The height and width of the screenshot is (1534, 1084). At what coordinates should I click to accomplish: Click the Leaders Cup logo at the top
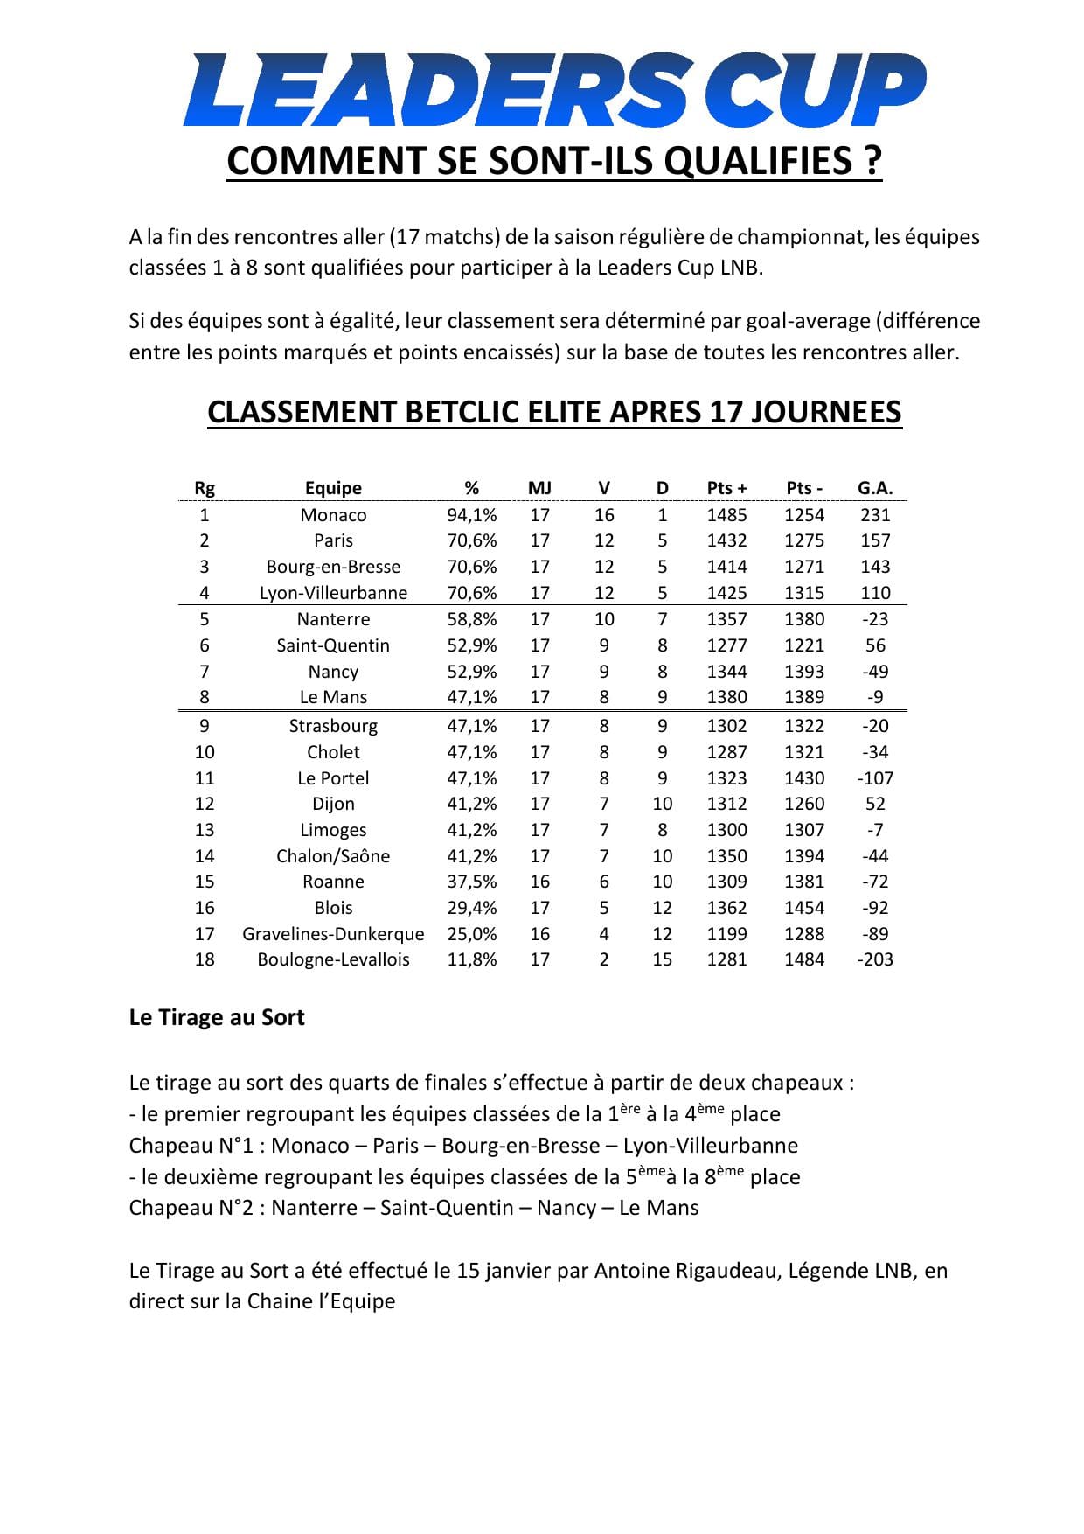553,90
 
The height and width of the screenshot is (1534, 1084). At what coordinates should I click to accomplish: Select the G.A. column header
874,488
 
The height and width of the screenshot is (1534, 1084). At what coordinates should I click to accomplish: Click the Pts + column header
726,488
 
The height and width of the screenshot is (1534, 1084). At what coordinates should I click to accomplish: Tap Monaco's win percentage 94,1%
472,515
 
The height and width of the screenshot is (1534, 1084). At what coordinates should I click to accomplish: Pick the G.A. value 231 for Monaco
874,515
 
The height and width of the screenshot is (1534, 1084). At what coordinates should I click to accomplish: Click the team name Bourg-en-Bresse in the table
333,567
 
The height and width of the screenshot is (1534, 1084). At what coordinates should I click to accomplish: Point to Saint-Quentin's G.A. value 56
874,645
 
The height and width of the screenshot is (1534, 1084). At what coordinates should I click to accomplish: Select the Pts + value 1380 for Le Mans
726,697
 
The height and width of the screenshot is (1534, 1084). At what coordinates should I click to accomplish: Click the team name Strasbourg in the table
333,726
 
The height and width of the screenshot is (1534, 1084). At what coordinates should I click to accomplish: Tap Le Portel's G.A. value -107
874,778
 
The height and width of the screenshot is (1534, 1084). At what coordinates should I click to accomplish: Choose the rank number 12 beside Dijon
205,804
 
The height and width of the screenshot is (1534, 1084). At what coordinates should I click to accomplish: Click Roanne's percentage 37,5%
472,882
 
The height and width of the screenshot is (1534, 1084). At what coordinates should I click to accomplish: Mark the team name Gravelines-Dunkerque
333,934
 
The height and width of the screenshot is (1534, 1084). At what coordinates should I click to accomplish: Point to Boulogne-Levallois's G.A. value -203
874,959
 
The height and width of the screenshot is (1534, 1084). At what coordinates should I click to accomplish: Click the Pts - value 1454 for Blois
803,908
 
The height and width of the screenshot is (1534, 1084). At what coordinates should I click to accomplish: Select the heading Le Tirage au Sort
217,1018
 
